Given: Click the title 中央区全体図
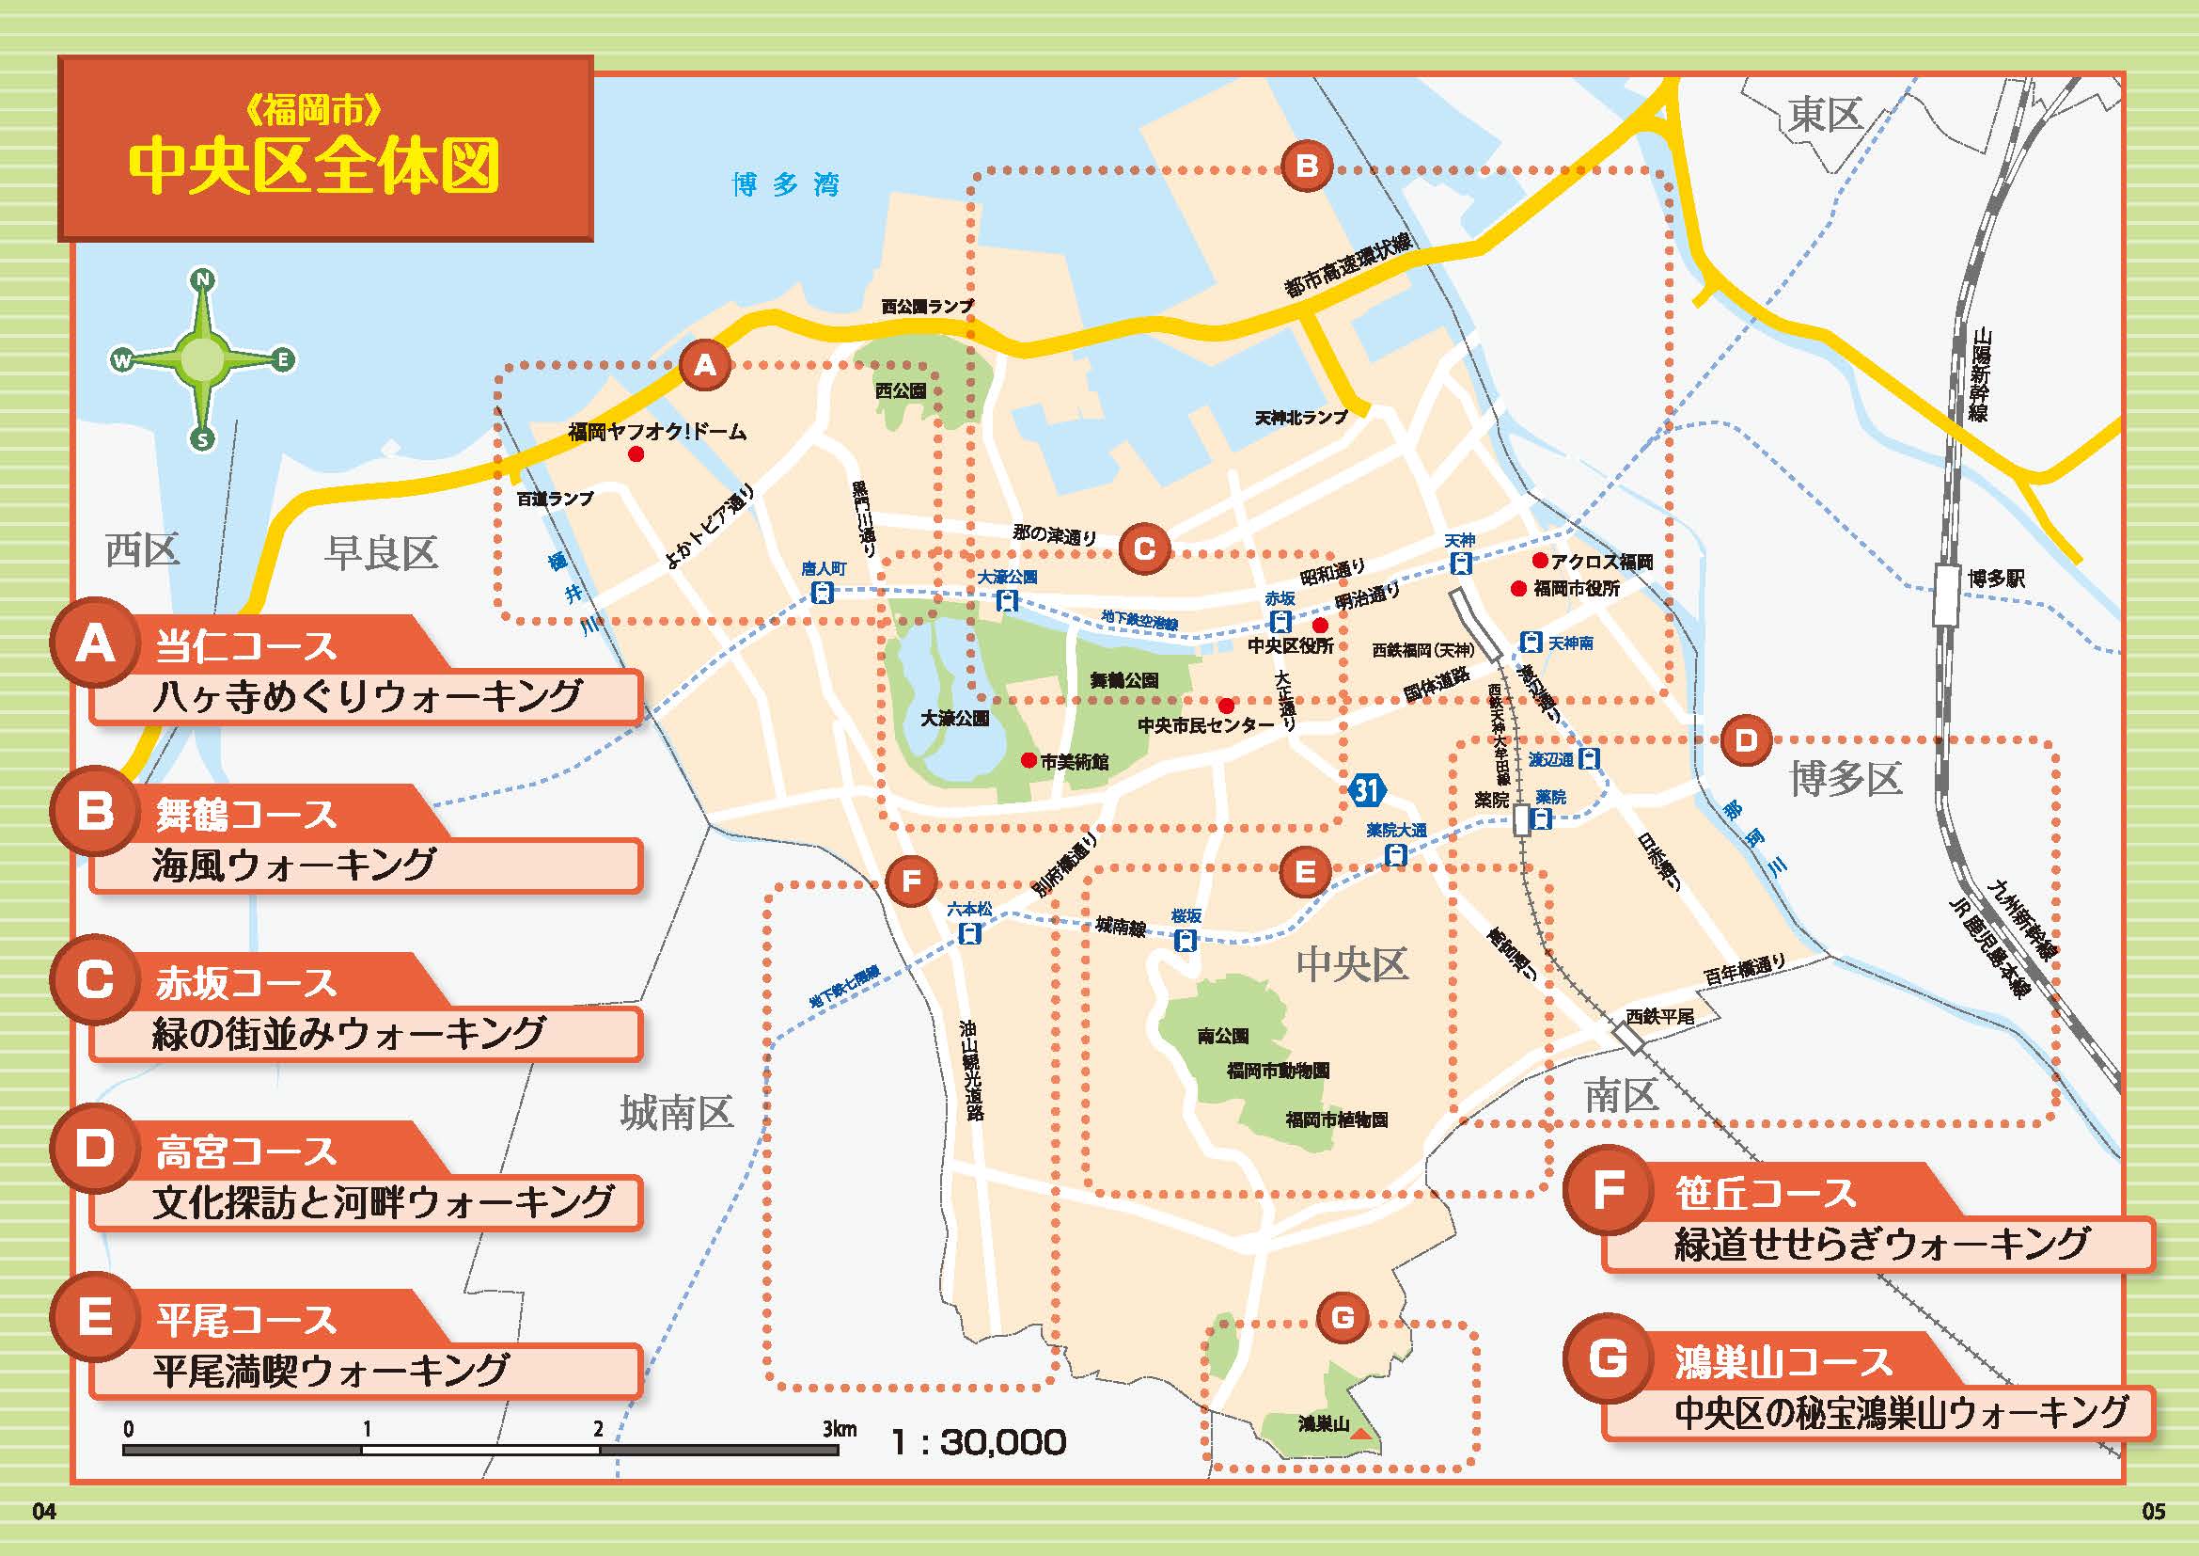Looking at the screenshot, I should [314, 167].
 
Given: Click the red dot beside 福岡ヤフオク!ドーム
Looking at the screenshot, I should [636, 455].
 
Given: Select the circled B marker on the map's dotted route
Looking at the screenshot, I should [1307, 167].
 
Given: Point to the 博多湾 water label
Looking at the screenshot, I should [785, 184].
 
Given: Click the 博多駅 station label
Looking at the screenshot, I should [1996, 579].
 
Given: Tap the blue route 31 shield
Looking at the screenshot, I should [1367, 790].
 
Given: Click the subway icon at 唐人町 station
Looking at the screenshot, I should [822, 592].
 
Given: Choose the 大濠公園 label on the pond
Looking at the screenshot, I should [954, 718].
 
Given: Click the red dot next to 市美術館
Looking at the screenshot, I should [1028, 761].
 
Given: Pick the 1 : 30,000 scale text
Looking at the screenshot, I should [978, 1442].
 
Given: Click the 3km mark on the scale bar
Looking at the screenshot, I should [838, 1430].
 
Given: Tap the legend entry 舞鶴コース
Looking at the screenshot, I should [246, 816].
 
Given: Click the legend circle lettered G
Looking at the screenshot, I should [1607, 1360].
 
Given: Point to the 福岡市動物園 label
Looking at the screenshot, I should [1278, 1071].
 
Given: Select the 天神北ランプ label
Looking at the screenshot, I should [1300, 418].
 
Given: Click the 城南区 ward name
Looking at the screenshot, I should [676, 1112].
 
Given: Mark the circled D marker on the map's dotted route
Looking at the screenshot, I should [1745, 739].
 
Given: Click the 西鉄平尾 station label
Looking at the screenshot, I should [1658, 1017].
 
